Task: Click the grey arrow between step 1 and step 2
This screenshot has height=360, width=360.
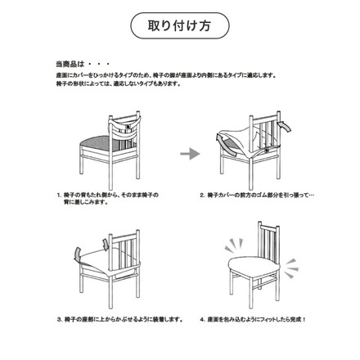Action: [190, 153]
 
